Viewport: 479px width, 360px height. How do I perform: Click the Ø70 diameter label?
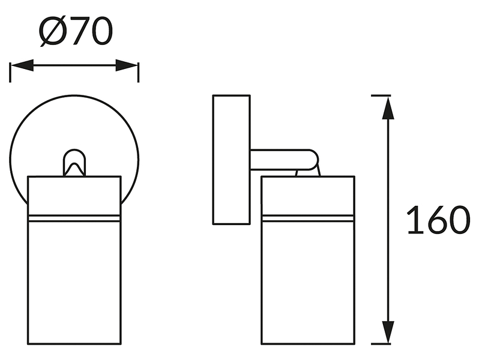point(76,31)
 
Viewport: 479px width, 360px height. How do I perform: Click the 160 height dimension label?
point(438,220)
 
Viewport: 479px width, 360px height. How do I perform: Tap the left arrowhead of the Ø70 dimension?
point(22,65)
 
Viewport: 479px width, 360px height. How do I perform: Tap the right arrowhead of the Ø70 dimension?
point(127,65)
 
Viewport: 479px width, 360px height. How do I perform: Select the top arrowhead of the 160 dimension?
point(388,108)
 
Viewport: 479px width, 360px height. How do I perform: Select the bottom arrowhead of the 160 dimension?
point(388,332)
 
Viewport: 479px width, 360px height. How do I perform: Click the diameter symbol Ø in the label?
point(53,31)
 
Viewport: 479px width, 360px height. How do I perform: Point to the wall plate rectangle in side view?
point(232,160)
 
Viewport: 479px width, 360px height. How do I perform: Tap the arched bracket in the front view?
point(74,162)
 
